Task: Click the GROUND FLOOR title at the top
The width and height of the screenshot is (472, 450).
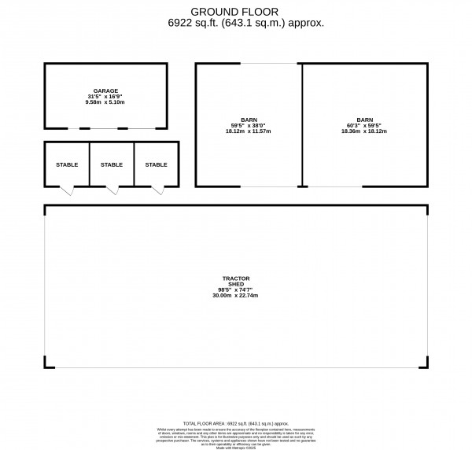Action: [x=235, y=12]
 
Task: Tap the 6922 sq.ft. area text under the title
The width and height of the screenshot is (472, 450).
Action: [x=235, y=24]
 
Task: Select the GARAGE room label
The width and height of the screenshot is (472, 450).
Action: [x=105, y=90]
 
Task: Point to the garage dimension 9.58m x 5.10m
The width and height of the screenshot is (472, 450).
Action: [x=105, y=102]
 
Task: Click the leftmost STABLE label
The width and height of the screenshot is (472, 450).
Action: [x=67, y=164]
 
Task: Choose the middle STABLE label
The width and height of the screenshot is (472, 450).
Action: [x=112, y=164]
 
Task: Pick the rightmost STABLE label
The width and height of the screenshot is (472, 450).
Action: [x=156, y=164]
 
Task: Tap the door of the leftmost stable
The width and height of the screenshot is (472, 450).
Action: [x=67, y=190]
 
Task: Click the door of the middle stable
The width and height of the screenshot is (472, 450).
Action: [x=112, y=190]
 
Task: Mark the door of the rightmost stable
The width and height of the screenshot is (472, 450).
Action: [x=157, y=190]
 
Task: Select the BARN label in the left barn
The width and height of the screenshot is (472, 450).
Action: [x=248, y=120]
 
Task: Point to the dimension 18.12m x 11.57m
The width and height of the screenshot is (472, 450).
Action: [x=248, y=131]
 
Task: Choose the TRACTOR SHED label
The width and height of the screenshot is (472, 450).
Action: [x=235, y=281]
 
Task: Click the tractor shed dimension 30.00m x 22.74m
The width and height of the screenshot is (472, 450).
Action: [x=235, y=295]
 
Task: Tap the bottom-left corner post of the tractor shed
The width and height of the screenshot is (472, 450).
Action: [x=46, y=363]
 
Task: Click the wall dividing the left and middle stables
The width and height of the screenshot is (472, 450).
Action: [x=90, y=164]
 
